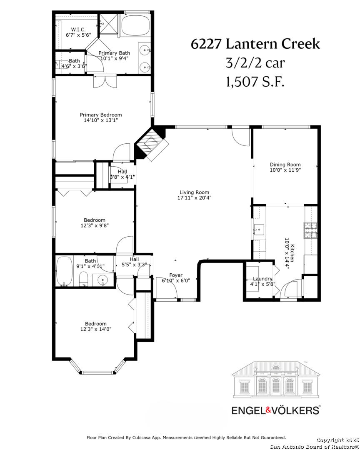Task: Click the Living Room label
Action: coord(194,192)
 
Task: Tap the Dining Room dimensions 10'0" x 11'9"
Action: coord(285,170)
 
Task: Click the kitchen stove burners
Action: coord(310,230)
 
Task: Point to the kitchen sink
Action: coord(259,230)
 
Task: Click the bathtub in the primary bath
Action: coord(135,25)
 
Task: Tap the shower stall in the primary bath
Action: coord(108,24)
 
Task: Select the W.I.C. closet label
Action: coord(78,30)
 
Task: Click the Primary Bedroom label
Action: coord(101,115)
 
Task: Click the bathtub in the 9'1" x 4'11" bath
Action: coord(65,271)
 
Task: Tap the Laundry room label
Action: coord(262,279)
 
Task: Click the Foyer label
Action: coord(176,275)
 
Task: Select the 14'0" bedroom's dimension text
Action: coord(96,329)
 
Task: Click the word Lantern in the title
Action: coord(252,44)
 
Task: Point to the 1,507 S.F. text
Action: coord(255,82)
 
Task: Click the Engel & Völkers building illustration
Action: coord(275,380)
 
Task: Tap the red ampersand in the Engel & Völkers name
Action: coord(268,410)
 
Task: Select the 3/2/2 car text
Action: coord(255,63)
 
